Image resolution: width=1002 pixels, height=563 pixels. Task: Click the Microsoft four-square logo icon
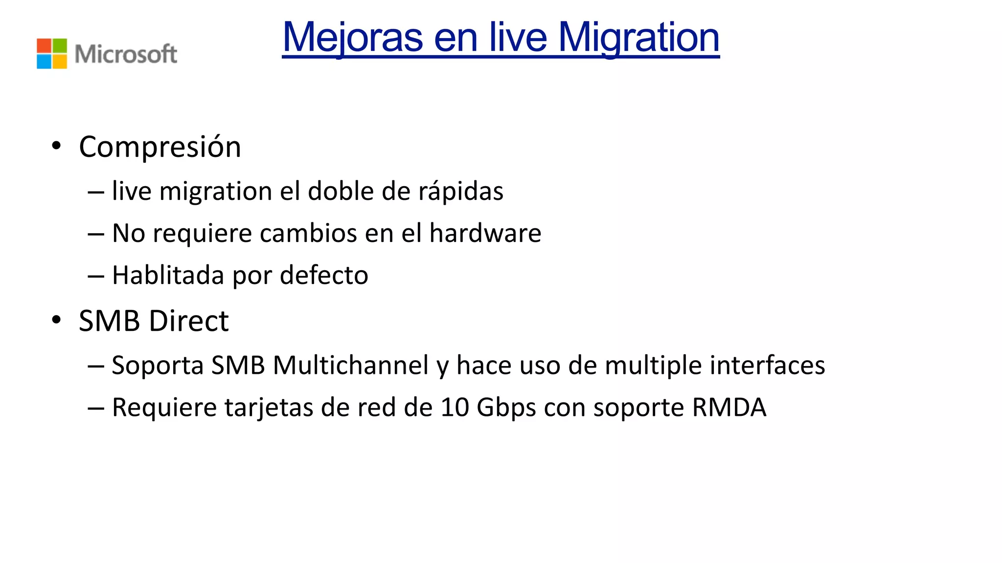click(52, 54)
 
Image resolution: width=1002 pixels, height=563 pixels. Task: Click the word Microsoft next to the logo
click(126, 54)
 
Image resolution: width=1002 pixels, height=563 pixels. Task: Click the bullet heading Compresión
click(160, 147)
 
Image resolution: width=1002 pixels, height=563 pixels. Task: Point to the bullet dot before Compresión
click(57, 146)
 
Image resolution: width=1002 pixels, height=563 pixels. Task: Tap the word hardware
click(485, 233)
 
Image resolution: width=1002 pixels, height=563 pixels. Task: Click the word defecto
click(324, 275)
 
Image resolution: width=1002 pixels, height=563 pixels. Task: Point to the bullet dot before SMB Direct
click(57, 320)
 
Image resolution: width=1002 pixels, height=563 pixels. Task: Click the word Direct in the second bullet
click(189, 321)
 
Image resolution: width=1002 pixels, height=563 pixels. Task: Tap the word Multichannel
click(351, 365)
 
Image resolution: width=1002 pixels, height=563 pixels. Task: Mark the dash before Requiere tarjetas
click(96, 408)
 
